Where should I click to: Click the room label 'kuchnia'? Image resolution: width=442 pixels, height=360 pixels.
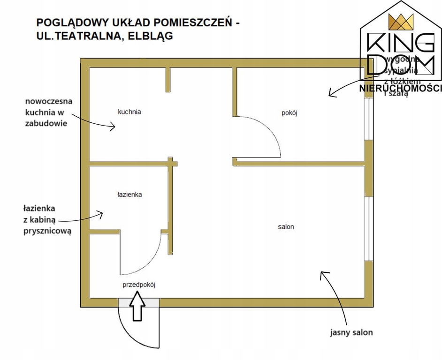click(x=130, y=112)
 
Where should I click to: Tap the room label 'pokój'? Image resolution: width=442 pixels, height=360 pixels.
click(x=290, y=112)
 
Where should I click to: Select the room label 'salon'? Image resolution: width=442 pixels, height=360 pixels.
click(x=286, y=227)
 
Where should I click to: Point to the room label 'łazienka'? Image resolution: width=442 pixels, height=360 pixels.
click(x=130, y=194)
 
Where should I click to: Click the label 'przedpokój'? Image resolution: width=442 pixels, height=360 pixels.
click(x=138, y=285)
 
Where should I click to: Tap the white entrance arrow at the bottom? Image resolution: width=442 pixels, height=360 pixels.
click(x=137, y=306)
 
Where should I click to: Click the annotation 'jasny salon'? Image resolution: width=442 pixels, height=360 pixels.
click(x=351, y=332)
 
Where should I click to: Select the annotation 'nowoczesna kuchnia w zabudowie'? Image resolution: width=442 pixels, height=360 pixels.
click(x=46, y=112)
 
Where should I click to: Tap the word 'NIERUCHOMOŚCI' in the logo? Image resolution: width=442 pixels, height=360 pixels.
click(x=400, y=88)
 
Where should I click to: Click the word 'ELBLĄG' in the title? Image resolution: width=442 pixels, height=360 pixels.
click(x=151, y=36)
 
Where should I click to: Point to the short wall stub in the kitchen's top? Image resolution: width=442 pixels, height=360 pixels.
click(x=167, y=80)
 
